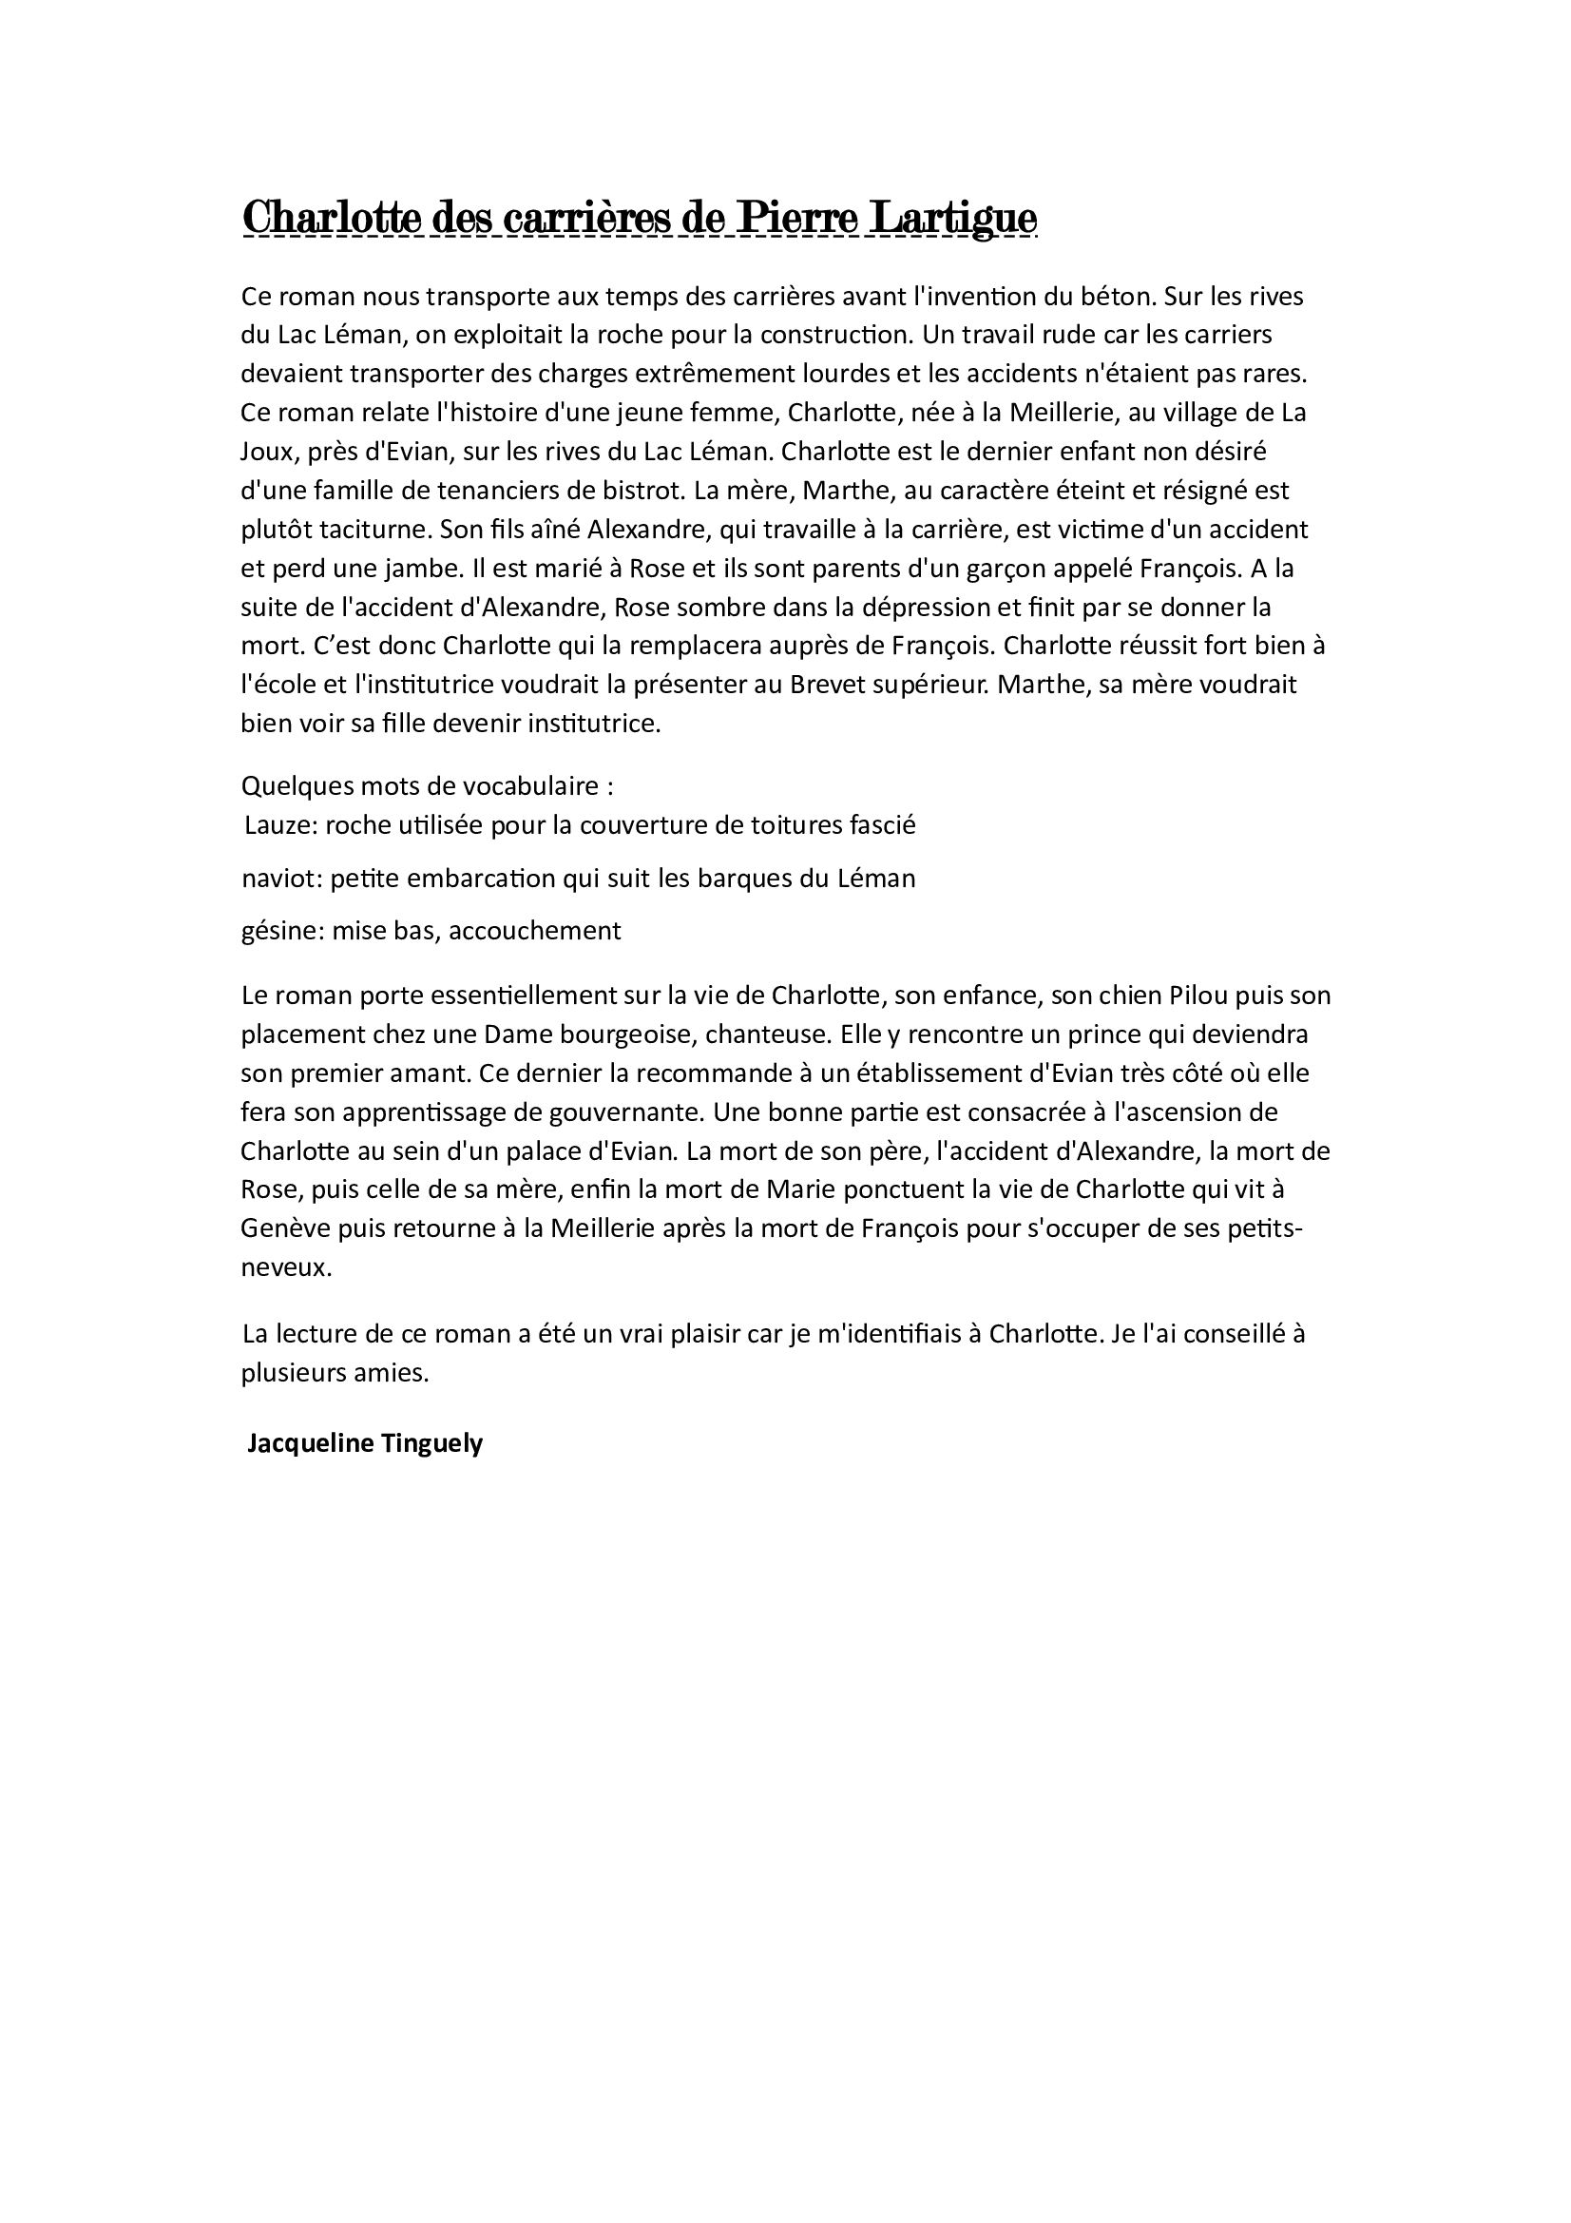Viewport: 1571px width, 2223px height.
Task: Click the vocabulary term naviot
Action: click(278, 879)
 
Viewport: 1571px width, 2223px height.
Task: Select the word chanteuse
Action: click(768, 1034)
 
